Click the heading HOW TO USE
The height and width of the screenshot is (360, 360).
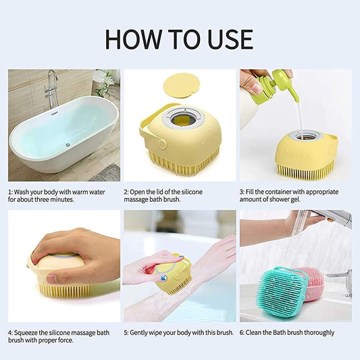pyautogui.click(x=179, y=39)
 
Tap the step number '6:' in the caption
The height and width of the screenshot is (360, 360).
pyautogui.click(x=242, y=332)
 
